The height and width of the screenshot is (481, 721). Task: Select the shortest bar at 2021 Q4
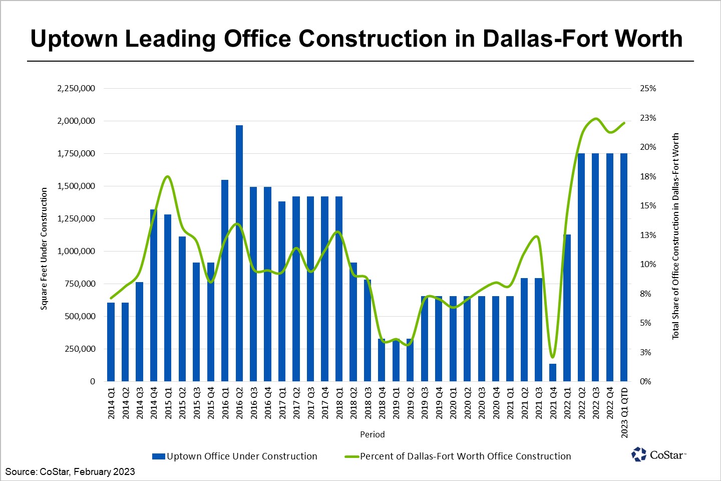[x=553, y=372]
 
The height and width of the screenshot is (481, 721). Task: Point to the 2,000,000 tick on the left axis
[x=76, y=121]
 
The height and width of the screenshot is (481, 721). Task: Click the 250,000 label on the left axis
[x=80, y=349]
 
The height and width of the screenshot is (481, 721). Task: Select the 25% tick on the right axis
[x=648, y=88]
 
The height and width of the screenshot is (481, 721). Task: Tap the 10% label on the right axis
[x=648, y=264]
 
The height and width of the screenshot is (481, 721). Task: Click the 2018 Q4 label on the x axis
[x=382, y=403]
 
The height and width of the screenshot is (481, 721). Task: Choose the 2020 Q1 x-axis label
[x=453, y=403]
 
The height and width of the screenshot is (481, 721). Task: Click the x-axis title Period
[x=372, y=434]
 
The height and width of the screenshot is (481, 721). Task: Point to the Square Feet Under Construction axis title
[x=44, y=249]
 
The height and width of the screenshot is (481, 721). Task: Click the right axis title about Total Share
[x=675, y=236]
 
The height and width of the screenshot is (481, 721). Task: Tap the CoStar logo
[x=658, y=454]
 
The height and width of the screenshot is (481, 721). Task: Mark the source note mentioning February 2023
[x=70, y=471]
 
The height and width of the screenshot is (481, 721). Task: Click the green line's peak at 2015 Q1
[x=168, y=176]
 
